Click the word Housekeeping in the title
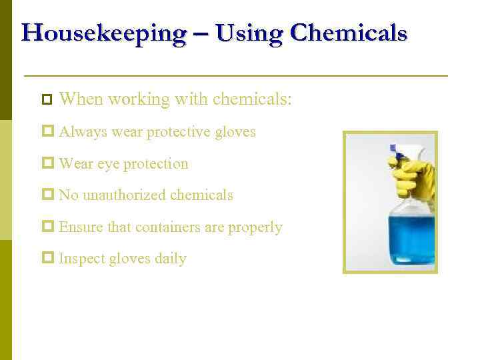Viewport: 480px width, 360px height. click(x=103, y=33)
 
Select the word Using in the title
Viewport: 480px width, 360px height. click(x=250, y=33)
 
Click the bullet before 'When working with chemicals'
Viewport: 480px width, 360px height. click(x=46, y=100)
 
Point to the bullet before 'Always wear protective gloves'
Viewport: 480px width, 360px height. click(x=47, y=132)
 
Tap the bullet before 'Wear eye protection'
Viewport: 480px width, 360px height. click(x=47, y=163)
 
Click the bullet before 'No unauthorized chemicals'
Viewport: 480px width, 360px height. click(x=47, y=195)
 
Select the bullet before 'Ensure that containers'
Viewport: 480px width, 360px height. click(x=47, y=227)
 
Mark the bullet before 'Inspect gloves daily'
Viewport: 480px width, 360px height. click(x=47, y=259)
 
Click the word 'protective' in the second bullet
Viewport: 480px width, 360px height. click(x=178, y=132)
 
